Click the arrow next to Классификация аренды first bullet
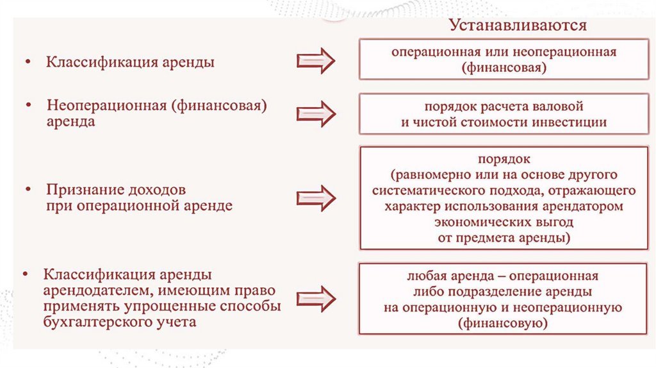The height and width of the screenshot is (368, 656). (316, 62)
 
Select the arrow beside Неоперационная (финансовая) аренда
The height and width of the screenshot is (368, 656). (316, 112)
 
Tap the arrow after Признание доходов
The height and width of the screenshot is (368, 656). (316, 198)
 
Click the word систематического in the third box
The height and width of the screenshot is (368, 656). (425, 191)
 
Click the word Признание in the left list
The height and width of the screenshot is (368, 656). (81, 191)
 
